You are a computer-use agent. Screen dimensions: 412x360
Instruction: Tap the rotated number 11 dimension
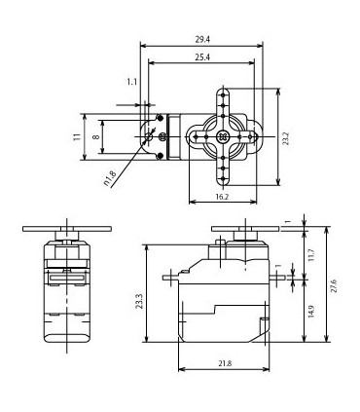pyautogui.click(x=75, y=137)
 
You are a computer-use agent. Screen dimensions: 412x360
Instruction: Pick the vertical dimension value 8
pyautogui.click(x=94, y=137)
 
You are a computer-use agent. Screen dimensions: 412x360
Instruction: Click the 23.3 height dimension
pyautogui.click(x=140, y=301)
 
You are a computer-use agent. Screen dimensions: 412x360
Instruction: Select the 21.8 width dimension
pyautogui.click(x=224, y=363)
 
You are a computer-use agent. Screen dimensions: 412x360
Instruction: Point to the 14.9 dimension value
pyautogui.click(x=310, y=311)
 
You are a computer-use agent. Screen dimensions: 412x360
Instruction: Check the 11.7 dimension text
pyautogui.click(x=310, y=255)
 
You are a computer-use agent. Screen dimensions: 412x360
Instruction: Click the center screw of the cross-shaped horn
pyautogui.click(x=226, y=137)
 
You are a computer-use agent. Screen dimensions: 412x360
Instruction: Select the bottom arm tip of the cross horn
pyautogui.click(x=226, y=184)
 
